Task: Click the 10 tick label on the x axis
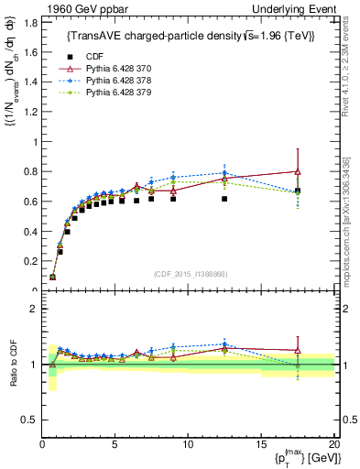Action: click(188, 444)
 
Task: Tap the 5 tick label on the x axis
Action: click(115, 444)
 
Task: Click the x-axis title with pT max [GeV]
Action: click(303, 458)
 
